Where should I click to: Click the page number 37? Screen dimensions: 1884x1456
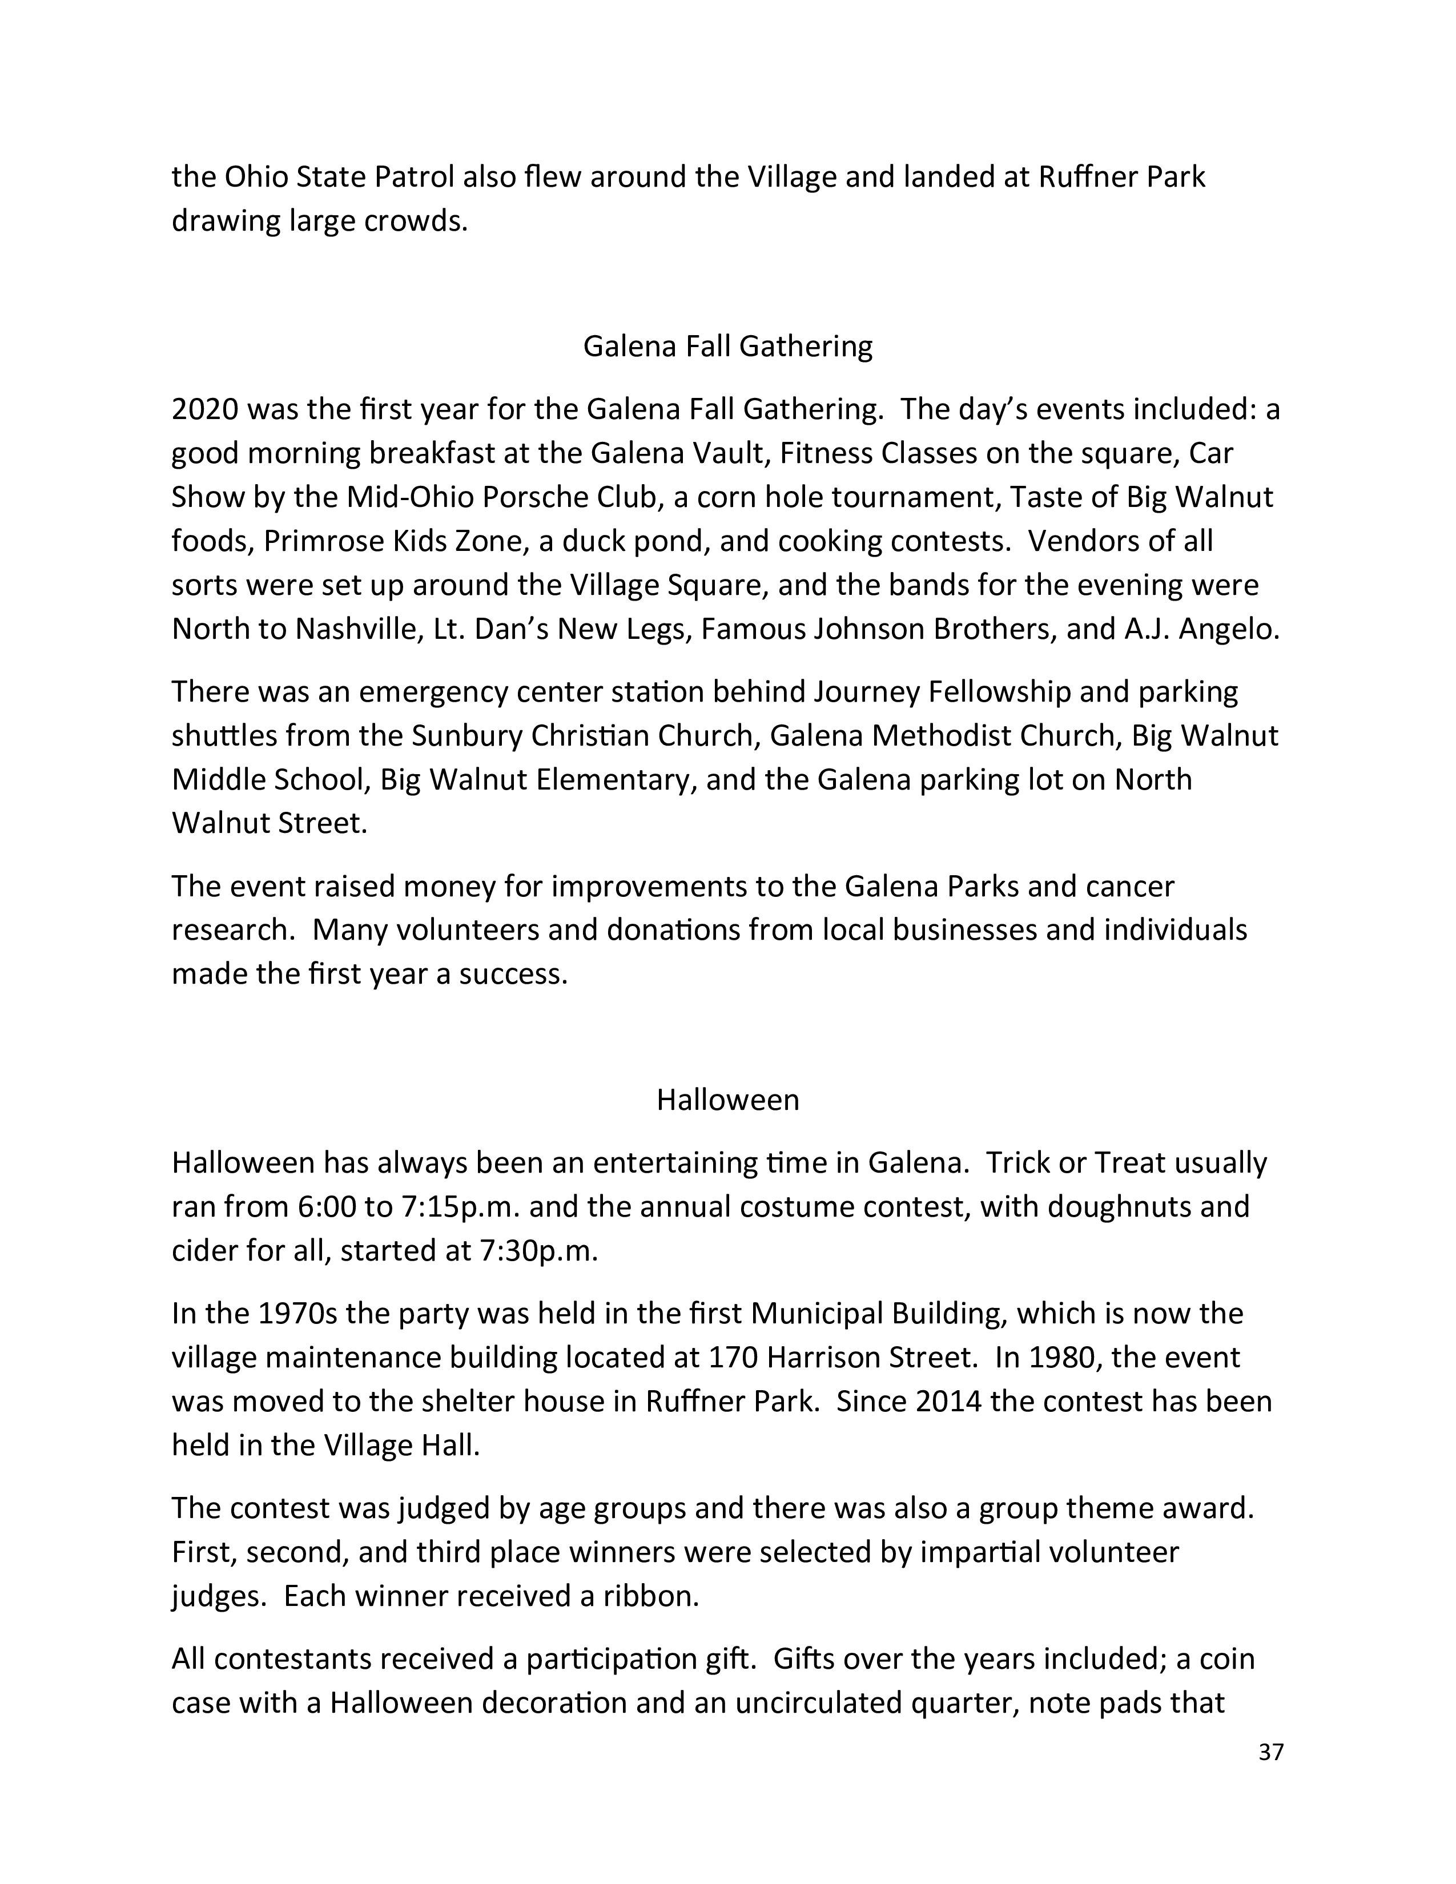[x=1270, y=1752]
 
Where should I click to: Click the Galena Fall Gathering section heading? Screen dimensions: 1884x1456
[x=727, y=346]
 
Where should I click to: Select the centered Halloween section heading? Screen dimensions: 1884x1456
[x=727, y=1100]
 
